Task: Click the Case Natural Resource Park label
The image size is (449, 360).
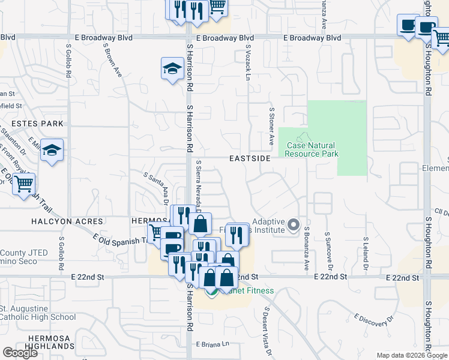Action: click(312, 149)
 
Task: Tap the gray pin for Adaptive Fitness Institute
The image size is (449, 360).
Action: click(294, 225)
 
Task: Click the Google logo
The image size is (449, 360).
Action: click(20, 353)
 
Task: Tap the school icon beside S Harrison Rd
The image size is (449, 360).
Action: click(172, 68)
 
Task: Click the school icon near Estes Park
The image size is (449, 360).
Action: click(52, 151)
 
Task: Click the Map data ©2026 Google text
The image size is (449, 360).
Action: click(411, 355)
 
